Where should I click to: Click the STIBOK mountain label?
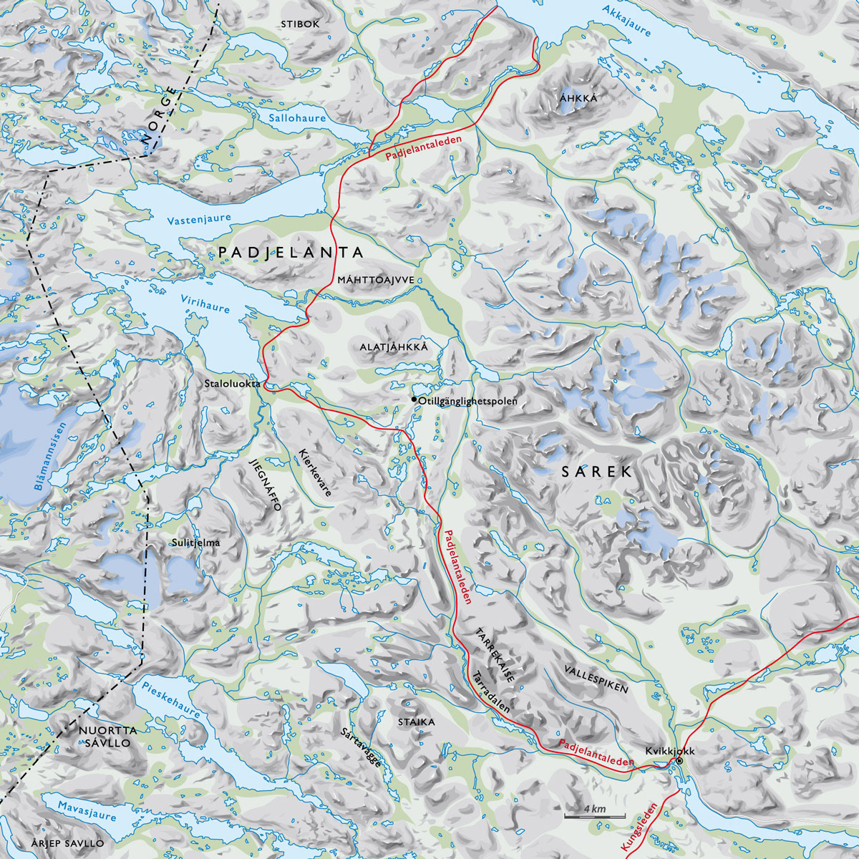(x=300, y=24)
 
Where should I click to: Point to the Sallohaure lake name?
(x=297, y=118)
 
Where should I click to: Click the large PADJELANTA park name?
(x=291, y=253)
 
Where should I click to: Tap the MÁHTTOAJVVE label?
(x=377, y=281)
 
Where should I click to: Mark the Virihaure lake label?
(x=205, y=304)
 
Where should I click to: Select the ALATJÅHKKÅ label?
(x=394, y=347)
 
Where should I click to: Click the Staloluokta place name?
(x=232, y=384)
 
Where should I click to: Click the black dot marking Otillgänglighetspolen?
(x=414, y=399)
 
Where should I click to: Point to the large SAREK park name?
(x=596, y=472)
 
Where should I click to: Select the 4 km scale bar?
(x=594, y=815)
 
